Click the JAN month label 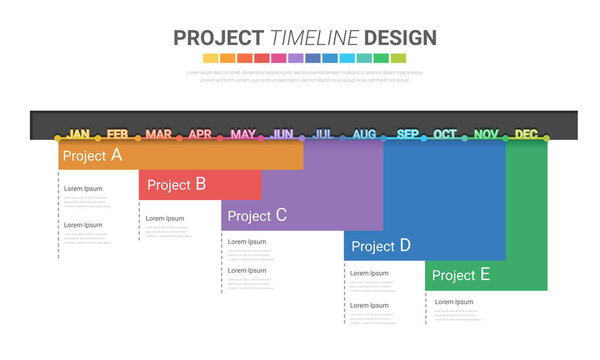[78, 134]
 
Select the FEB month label [118, 134]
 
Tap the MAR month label [158, 134]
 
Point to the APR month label [200, 134]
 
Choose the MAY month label [242, 134]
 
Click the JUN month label [283, 134]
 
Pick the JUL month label [323, 134]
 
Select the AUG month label [364, 134]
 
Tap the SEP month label [408, 134]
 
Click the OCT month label [445, 134]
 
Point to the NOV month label [486, 134]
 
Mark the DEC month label [526, 134]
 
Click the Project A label [92, 155]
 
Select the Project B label [176, 184]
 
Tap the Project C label [257, 215]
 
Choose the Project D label [381, 245]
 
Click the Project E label [461, 275]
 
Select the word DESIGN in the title [400, 38]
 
